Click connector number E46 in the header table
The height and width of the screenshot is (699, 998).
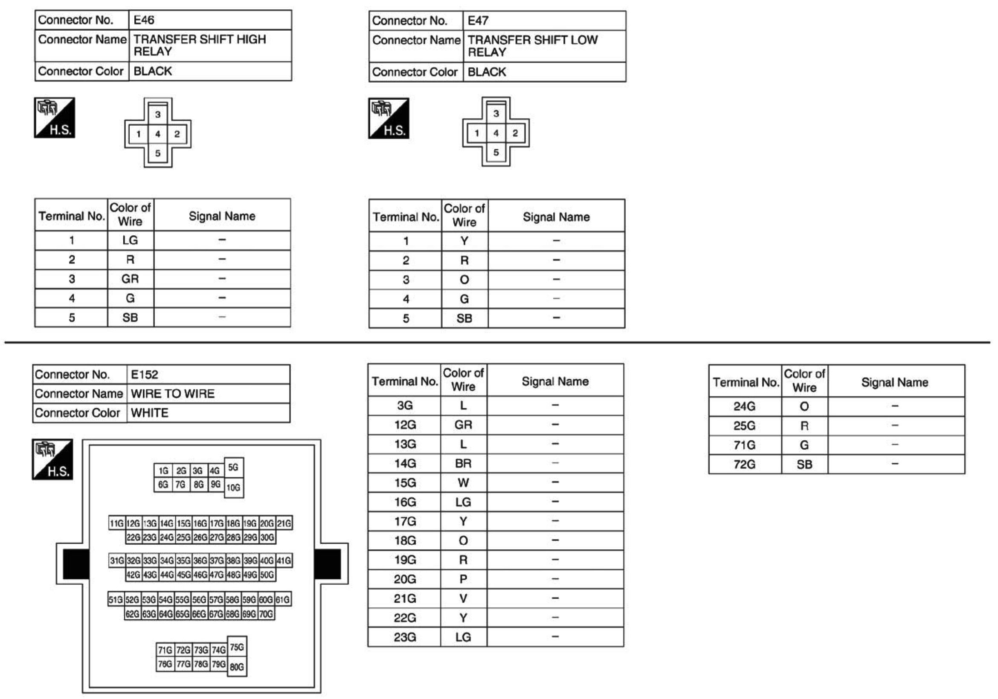pyautogui.click(x=144, y=20)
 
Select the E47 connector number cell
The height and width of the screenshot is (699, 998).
pyautogui.click(x=478, y=21)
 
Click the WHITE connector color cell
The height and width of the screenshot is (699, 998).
pyautogui.click(x=150, y=413)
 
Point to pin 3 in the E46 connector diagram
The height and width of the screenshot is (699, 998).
pyautogui.click(x=158, y=114)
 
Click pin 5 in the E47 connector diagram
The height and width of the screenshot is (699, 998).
pyautogui.click(x=496, y=153)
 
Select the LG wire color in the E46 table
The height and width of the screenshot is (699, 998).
pyautogui.click(x=130, y=240)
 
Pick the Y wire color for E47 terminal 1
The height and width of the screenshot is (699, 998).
pyautogui.click(x=464, y=241)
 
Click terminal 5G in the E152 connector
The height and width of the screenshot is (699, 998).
pyautogui.click(x=233, y=468)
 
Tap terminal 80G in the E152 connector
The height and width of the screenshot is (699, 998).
pyautogui.click(x=236, y=667)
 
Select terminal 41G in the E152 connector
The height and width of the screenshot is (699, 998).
pyautogui.click(x=284, y=560)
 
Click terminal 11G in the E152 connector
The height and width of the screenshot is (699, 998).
pyautogui.click(x=116, y=523)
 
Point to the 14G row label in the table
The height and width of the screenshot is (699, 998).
pyautogui.click(x=405, y=464)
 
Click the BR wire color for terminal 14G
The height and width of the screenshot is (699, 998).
pyautogui.click(x=463, y=464)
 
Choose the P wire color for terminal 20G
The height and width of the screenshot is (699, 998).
pyautogui.click(x=463, y=579)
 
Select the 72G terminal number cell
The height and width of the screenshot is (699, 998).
pyautogui.click(x=744, y=465)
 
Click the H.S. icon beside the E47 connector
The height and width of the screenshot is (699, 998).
pyautogui.click(x=389, y=118)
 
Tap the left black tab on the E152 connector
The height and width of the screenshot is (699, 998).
pyautogui.click(x=76, y=564)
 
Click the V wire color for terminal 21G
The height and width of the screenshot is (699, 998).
pyautogui.click(x=463, y=599)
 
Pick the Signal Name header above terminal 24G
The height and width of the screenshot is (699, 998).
pyautogui.click(x=894, y=382)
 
